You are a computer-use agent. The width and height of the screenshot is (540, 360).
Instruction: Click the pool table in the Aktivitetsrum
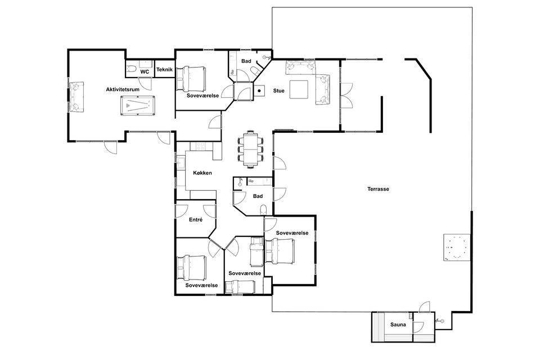tap(138, 105)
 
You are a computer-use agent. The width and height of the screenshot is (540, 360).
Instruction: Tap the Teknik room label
tap(165, 70)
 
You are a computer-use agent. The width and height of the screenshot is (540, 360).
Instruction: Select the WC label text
tap(145, 72)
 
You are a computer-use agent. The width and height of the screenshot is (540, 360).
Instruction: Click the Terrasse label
tap(378, 189)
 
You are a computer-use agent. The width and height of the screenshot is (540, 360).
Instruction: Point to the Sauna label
tap(398, 325)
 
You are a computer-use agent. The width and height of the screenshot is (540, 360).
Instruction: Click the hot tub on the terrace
tap(457, 247)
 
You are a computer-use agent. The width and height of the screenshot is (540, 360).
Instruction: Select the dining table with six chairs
tap(251, 149)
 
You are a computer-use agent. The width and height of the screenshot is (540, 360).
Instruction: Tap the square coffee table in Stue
tap(299, 89)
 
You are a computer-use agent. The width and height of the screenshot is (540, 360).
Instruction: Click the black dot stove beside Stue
tap(259, 91)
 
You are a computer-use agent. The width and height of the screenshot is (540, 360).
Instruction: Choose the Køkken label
tap(202, 173)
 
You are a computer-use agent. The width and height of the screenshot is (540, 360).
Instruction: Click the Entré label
tap(196, 220)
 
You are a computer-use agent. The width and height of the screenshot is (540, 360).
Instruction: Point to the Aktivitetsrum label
tap(123, 89)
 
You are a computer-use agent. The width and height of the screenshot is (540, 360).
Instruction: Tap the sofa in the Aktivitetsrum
tap(76, 97)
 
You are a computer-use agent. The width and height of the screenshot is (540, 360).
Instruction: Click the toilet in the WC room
tap(130, 69)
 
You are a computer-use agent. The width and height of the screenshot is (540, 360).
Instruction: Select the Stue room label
tap(278, 91)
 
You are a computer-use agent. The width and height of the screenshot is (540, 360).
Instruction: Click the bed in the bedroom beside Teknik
tap(191, 79)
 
